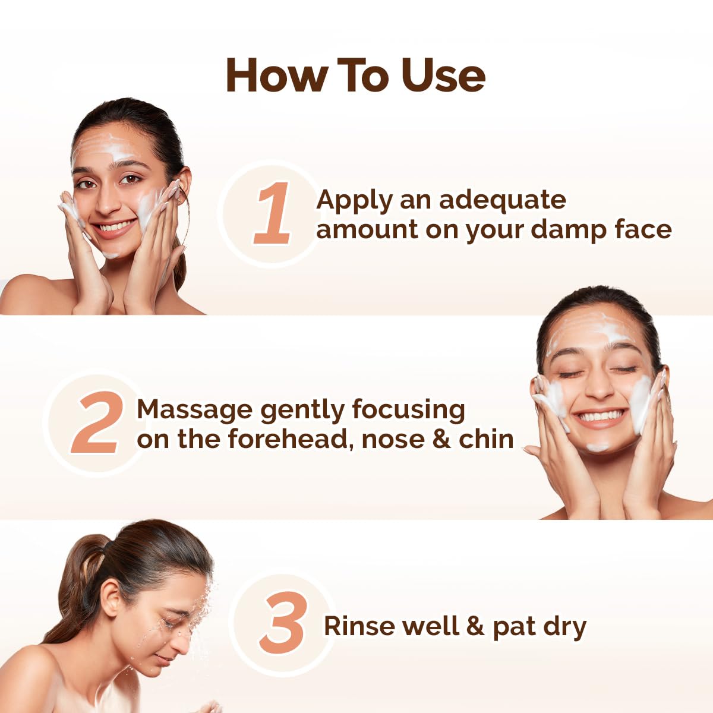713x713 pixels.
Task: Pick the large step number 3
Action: (x=284, y=623)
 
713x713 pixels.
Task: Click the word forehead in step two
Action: (x=289, y=439)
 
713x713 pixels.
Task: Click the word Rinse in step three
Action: (x=359, y=626)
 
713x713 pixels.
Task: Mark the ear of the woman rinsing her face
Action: (x=111, y=596)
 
